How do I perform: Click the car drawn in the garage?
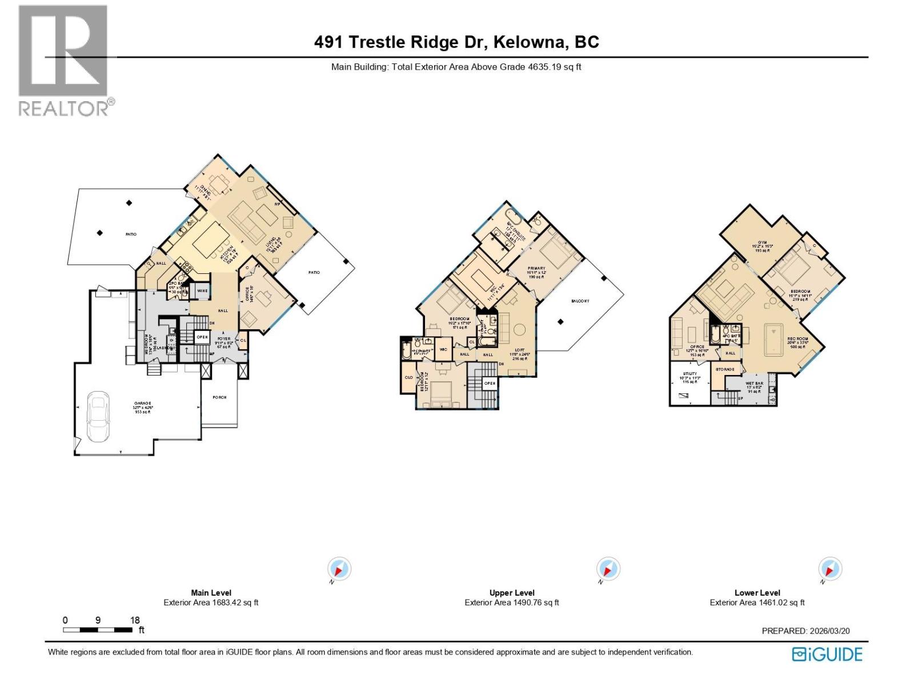click(x=98, y=417)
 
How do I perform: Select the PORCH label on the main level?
click(x=219, y=397)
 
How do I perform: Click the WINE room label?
click(x=202, y=291)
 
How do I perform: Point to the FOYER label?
click(x=223, y=339)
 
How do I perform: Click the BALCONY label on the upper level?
click(x=580, y=301)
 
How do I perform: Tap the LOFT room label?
click(x=519, y=350)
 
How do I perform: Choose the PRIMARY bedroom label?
click(x=536, y=268)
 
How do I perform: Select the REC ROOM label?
click(x=797, y=339)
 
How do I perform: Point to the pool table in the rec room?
click(x=775, y=339)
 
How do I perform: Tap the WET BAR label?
click(x=754, y=384)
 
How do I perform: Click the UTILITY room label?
click(x=689, y=374)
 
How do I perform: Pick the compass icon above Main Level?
click(x=339, y=569)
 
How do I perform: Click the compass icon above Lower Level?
click(x=830, y=569)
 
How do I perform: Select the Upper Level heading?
click(x=512, y=593)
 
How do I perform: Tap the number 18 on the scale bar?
click(x=135, y=620)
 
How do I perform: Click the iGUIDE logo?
click(x=827, y=654)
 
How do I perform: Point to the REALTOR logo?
click(x=64, y=60)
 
